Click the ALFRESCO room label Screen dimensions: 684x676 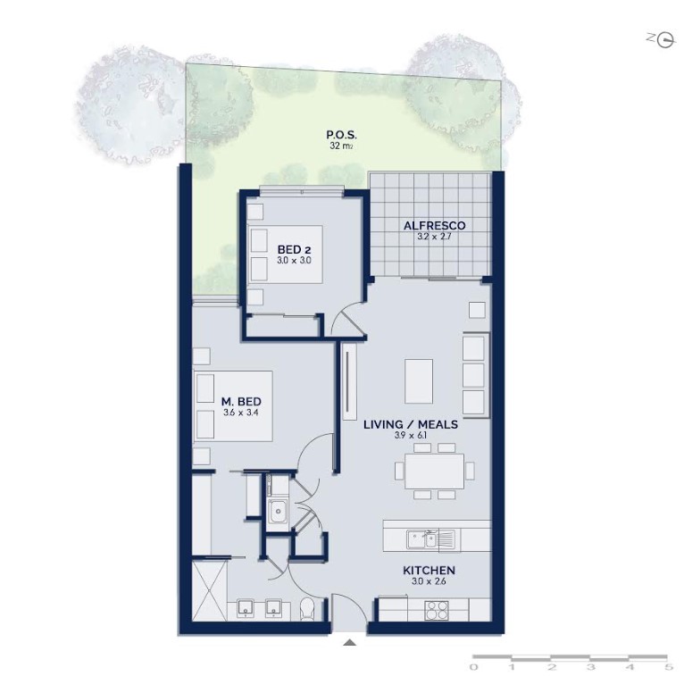(434, 225)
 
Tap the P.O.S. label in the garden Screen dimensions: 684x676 (342, 135)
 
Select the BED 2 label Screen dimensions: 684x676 (294, 250)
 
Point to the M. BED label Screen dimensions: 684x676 (241, 401)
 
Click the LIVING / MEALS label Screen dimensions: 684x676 (411, 424)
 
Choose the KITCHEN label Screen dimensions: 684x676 (429, 570)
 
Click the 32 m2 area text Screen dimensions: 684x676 (341, 146)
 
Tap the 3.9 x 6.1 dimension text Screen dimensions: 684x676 (411, 435)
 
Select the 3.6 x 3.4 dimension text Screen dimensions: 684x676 (241, 413)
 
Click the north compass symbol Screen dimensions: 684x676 (665, 40)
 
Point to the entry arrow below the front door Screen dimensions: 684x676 (349, 642)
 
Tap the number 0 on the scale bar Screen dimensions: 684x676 (473, 667)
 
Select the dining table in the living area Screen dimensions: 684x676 (435, 471)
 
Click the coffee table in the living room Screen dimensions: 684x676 (419, 381)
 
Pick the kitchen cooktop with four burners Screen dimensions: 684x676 (437, 610)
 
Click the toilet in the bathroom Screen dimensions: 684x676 (307, 609)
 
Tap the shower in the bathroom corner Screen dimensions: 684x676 (209, 590)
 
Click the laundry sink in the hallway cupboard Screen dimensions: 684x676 (278, 512)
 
